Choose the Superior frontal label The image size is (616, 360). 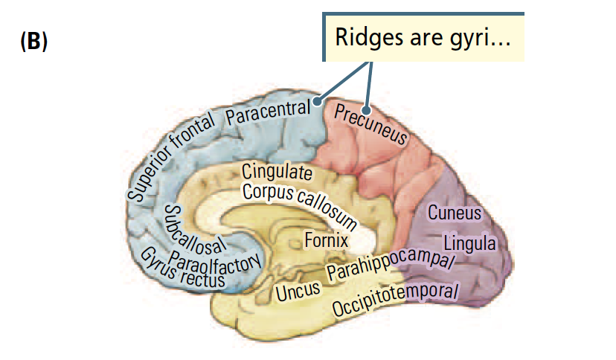pyautogui.click(x=171, y=157)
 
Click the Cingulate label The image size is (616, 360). pyautogui.click(x=277, y=171)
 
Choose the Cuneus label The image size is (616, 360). pyautogui.click(x=454, y=213)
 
